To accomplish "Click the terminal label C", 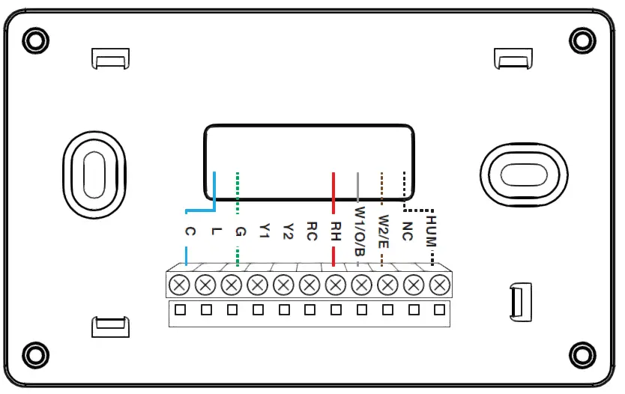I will (x=189, y=232).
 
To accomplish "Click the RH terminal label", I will (x=336, y=231).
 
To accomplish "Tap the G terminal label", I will (x=239, y=231).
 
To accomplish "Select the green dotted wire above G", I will (x=238, y=192).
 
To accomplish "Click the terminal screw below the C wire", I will (x=179, y=285).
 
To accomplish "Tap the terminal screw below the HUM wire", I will (x=441, y=285).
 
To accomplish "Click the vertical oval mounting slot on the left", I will (x=93, y=177).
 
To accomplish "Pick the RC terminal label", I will (x=312, y=231).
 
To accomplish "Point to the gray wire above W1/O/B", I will (x=358, y=187).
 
